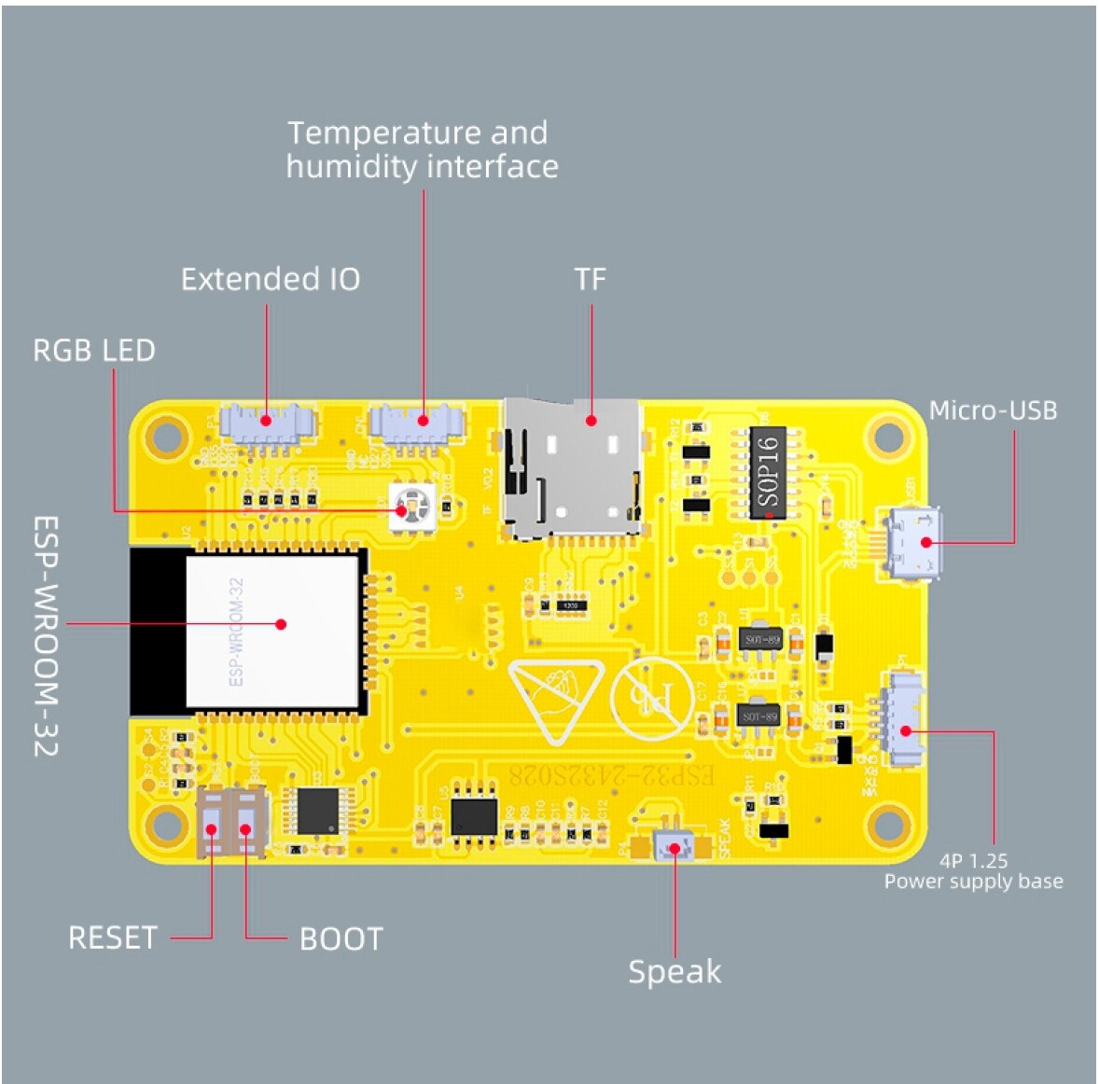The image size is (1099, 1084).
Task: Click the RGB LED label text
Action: coord(93,351)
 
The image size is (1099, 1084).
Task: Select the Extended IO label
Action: coord(270,279)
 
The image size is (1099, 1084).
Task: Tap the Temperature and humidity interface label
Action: coord(421,149)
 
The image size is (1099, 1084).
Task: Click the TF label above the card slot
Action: coord(590,279)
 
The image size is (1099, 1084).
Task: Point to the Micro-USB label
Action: coord(993,410)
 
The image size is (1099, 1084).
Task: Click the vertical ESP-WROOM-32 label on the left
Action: coord(47,635)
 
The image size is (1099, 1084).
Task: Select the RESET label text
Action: coord(112,938)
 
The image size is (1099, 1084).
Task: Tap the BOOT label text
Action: coord(341,939)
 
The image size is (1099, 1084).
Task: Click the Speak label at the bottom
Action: coord(674,972)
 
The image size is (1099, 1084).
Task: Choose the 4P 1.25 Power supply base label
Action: coord(973,871)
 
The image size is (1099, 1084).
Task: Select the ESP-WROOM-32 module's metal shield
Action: coord(272,630)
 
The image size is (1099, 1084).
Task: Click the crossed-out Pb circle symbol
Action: coord(651,698)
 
